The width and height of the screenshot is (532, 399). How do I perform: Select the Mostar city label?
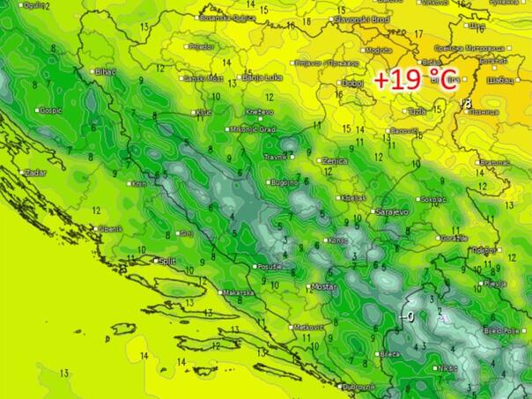point(324,287)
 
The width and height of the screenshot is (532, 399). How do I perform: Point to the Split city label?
point(166,261)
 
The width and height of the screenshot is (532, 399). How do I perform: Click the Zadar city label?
point(35,173)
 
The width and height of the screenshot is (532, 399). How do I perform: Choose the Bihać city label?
point(106,71)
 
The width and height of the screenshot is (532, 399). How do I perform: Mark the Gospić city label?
point(48,111)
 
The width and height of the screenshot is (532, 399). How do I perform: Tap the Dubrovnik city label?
point(359,387)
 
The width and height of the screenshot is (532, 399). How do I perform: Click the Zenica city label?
point(334,161)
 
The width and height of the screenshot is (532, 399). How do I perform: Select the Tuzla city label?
point(417,112)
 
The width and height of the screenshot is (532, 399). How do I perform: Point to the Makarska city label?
point(237,292)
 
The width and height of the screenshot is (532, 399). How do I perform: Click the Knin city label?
point(138,184)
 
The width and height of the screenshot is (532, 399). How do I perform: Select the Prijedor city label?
point(201,45)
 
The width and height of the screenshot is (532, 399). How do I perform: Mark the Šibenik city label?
point(110,229)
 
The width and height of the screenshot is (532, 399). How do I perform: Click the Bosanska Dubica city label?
point(226,17)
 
